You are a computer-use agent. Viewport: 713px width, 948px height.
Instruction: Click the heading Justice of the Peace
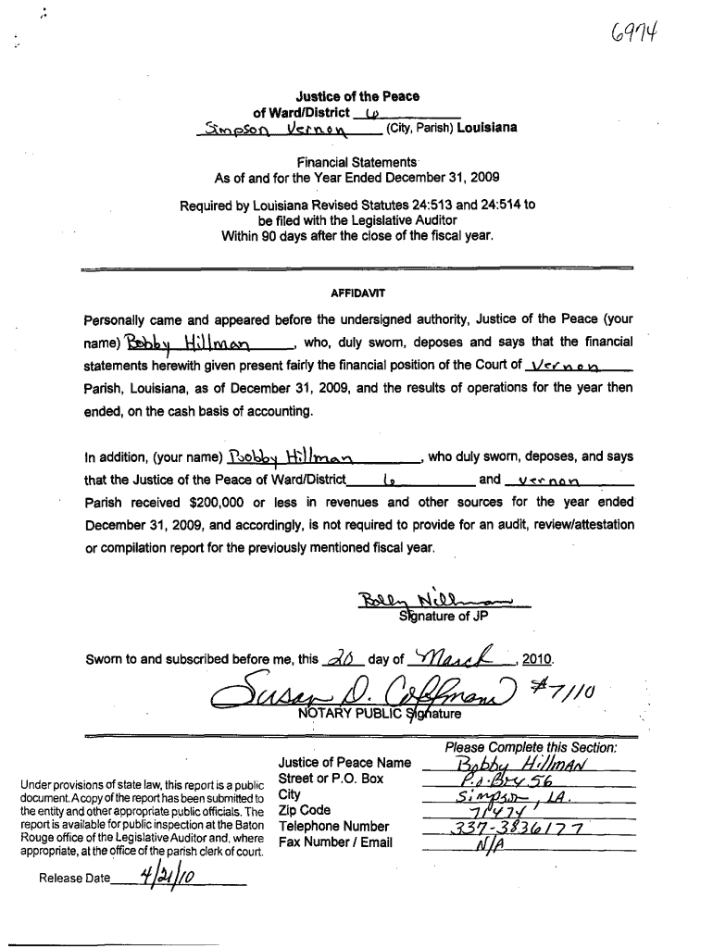pos(356,96)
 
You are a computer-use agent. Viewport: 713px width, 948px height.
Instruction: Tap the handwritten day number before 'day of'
pos(340,657)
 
